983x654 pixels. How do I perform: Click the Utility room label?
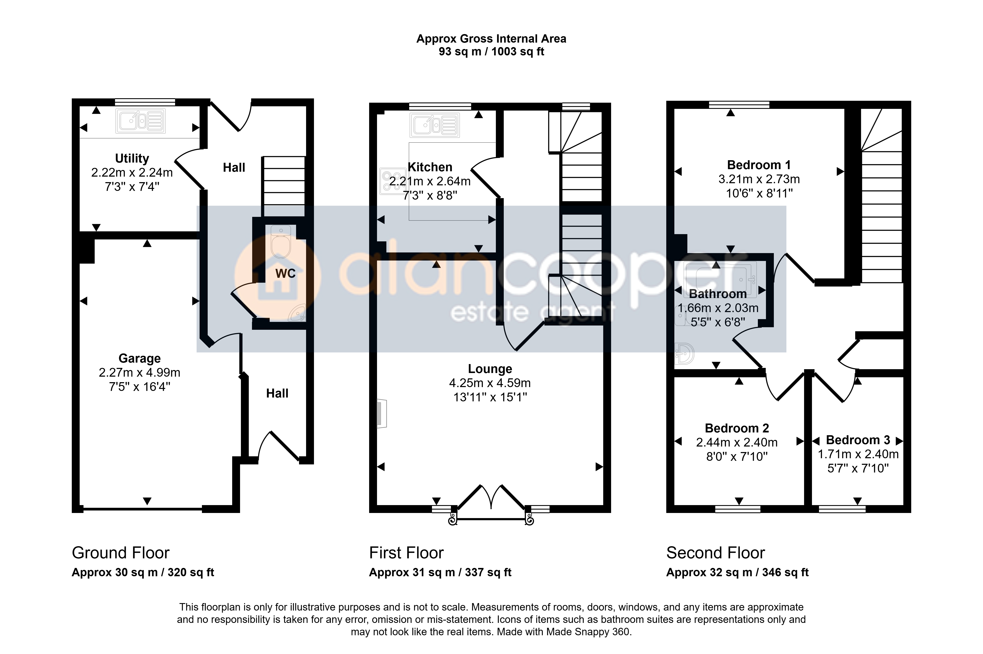pos(132,158)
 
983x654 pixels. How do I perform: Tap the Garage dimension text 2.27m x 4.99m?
pos(139,372)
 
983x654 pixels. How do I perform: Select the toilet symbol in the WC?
pos(281,242)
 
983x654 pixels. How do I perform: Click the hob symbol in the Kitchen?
pos(392,181)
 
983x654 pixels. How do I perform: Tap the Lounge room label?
pos(490,369)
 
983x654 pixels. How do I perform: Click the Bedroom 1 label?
pos(759,165)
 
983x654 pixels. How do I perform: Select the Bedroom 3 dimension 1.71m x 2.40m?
pos(858,454)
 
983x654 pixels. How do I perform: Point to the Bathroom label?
pos(718,294)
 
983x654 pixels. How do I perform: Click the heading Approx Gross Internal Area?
pos(491,39)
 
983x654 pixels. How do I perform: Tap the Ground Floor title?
pos(121,553)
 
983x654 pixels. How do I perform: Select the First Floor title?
pos(406,553)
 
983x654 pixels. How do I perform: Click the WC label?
pos(285,274)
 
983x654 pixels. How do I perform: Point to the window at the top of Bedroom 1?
pos(739,105)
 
